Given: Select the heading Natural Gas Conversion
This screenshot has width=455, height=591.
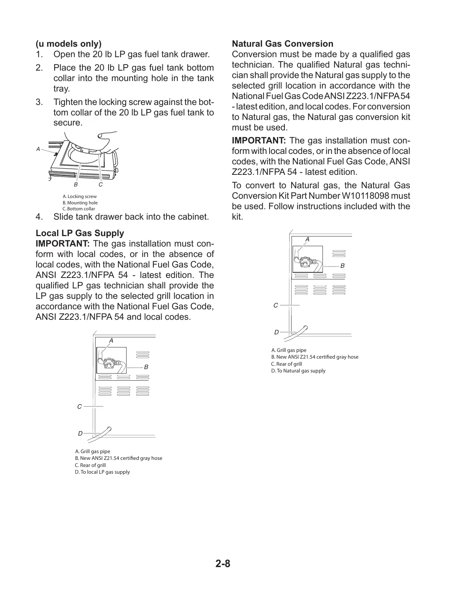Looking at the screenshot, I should [x=283, y=44].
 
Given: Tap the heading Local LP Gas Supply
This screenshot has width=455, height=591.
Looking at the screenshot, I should [x=80, y=233].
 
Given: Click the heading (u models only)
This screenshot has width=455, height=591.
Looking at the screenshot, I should [x=69, y=44].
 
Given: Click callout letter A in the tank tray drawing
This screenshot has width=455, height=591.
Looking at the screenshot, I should [x=38, y=149].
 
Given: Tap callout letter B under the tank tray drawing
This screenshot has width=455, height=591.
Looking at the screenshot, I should [x=76, y=185].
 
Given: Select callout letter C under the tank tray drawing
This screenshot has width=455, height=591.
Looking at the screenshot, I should [x=100, y=185].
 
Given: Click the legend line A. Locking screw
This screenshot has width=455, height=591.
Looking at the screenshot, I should [x=80, y=197].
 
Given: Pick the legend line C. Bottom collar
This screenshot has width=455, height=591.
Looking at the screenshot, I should [x=79, y=209].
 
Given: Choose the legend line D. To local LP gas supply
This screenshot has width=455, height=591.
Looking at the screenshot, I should [x=102, y=472].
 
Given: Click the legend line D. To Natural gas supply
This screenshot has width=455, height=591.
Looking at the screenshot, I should [x=298, y=371].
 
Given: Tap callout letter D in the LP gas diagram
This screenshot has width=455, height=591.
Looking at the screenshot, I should [x=80, y=434].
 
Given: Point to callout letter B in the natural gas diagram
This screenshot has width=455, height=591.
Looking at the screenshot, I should [x=342, y=266].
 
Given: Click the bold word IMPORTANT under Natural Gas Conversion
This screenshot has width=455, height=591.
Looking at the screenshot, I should [x=259, y=141].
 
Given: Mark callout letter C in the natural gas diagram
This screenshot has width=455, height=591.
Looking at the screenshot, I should [x=275, y=305].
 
